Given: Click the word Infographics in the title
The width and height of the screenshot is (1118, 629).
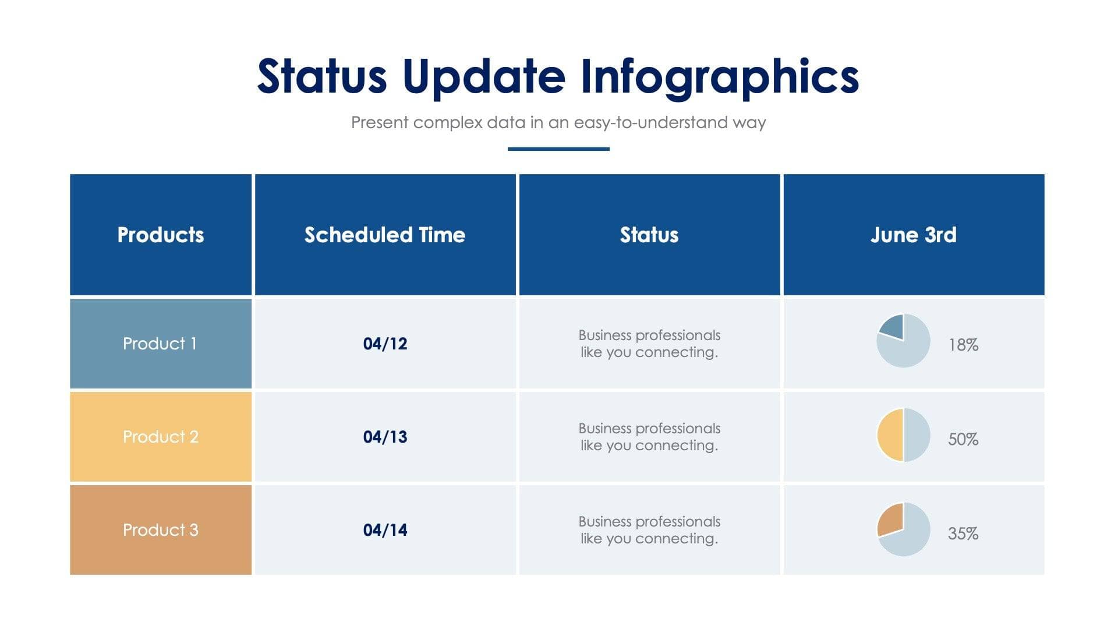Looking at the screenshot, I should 719,77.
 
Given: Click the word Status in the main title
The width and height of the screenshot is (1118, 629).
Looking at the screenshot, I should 322,77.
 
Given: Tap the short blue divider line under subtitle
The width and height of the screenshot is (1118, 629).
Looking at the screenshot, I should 558,149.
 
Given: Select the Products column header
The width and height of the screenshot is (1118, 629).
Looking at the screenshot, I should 161,235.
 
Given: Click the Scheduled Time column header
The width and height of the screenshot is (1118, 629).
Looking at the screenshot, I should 385,235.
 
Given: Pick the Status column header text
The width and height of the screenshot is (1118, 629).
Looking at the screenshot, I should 649,235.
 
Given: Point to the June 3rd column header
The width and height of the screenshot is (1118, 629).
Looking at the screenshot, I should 913,235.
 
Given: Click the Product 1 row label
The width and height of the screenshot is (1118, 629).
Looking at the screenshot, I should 160,344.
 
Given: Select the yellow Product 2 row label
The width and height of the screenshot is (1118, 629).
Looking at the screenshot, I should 161,437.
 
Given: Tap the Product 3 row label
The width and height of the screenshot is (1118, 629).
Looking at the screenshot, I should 161,530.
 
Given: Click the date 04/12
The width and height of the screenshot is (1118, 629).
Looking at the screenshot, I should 385,344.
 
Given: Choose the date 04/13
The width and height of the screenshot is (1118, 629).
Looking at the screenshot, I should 385,437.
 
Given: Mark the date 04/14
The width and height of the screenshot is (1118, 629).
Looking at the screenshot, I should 385,530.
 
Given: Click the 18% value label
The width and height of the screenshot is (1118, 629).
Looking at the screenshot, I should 963,345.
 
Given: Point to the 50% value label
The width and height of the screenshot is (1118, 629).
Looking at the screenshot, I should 963,439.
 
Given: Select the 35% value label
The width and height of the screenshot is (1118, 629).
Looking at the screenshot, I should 963,533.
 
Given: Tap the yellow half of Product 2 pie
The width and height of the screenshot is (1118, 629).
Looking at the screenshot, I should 890,435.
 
